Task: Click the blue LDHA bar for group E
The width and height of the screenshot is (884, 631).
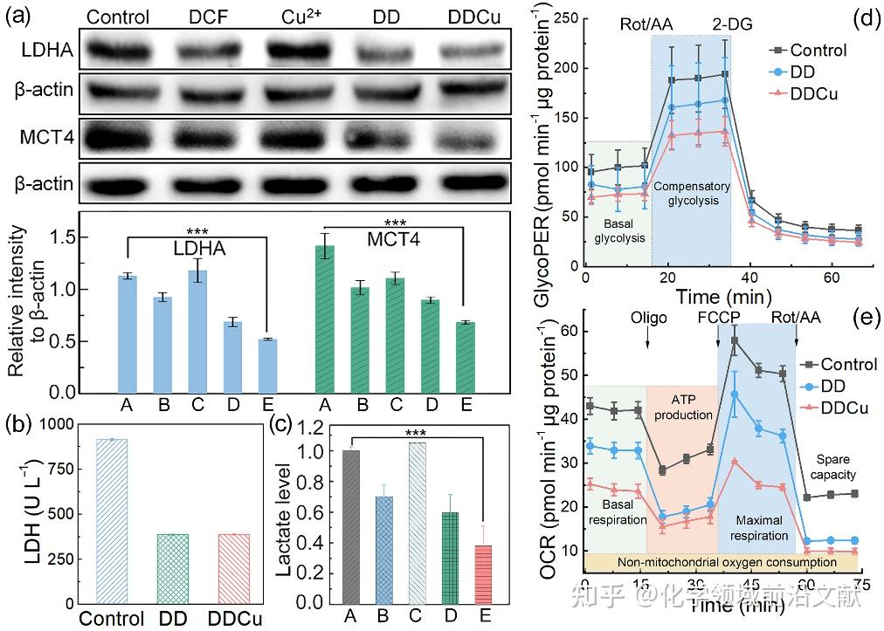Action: (268, 366)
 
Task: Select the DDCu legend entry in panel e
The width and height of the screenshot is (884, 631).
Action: (817, 407)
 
